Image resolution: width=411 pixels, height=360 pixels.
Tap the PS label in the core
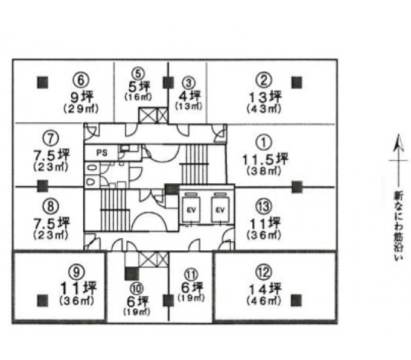(x=102, y=153)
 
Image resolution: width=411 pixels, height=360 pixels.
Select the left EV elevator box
(x=191, y=209)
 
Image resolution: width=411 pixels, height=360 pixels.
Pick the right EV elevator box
(x=220, y=209)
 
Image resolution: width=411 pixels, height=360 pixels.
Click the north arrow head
(x=398, y=143)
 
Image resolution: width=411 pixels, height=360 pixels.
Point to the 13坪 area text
(x=265, y=97)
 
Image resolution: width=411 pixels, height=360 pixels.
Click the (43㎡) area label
(x=264, y=109)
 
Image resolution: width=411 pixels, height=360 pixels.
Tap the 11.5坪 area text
(x=265, y=159)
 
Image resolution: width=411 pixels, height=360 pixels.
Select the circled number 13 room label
(x=264, y=206)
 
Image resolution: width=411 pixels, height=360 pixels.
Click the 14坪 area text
(x=265, y=289)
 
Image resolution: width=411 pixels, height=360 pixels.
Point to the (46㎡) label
(x=264, y=301)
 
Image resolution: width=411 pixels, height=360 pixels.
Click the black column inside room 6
(x=43, y=82)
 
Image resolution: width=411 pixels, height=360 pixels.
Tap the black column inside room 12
(x=296, y=300)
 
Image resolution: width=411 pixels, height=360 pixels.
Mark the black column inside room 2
(x=297, y=83)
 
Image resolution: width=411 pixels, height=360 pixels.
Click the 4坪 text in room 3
(x=190, y=96)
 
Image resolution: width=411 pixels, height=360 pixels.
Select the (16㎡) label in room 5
(x=138, y=97)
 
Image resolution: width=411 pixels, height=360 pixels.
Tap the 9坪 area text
(x=82, y=97)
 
